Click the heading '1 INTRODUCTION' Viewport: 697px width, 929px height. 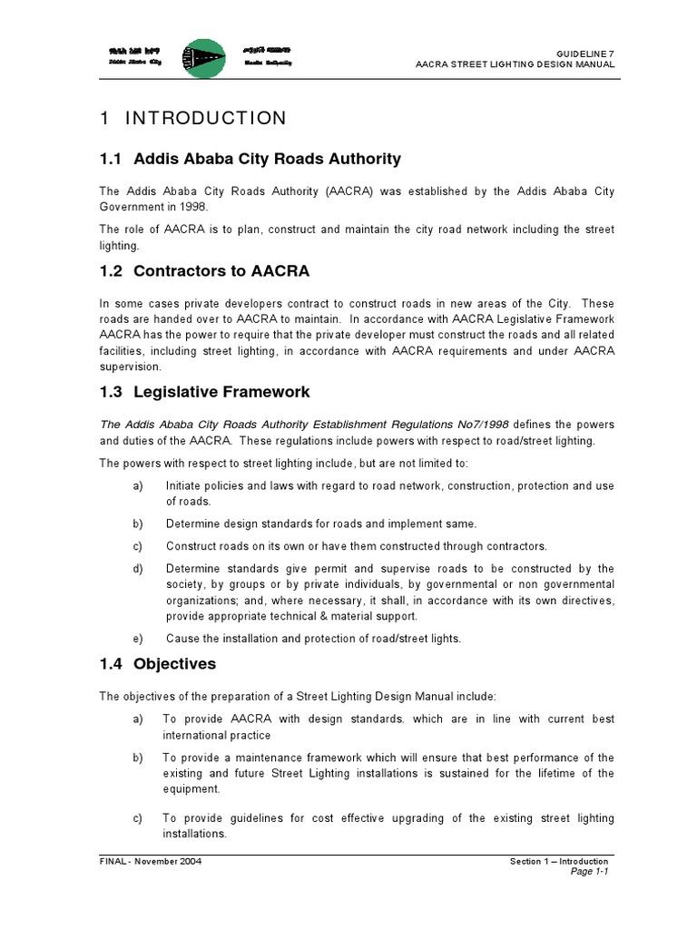pos(192,118)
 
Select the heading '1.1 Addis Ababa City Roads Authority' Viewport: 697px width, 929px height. pos(250,159)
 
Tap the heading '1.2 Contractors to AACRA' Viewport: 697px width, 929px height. pos(204,271)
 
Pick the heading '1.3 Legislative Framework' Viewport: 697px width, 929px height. pos(204,392)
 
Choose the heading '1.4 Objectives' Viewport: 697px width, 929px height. pos(158,663)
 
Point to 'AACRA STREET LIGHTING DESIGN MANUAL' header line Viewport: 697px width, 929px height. pos(515,65)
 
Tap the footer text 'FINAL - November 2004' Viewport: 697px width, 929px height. pos(151,861)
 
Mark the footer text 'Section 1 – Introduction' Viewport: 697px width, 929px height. pos(559,861)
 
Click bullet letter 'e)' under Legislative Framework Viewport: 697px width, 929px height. pos(138,638)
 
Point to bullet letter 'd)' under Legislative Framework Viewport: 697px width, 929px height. pos(138,569)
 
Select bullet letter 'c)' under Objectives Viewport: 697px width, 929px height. pos(138,818)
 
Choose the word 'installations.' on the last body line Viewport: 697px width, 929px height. pos(194,833)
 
